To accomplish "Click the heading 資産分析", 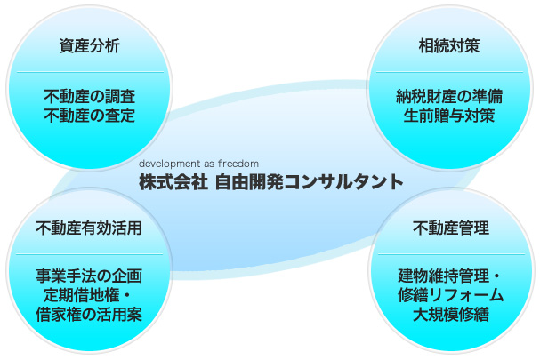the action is pos(90,45).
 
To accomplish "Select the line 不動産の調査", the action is pos(90,96).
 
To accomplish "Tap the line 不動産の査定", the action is pos(90,116).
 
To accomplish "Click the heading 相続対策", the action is pos(449,45).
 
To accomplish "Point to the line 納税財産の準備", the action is pos(449,96).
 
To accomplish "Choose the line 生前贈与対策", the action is pos(449,116).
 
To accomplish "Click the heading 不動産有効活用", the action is pos(89,228).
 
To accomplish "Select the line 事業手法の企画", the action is pos(89,276).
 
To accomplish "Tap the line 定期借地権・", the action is pos(89,295).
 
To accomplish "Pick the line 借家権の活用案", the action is pos(89,314).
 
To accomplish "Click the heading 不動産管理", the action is pos(451,228).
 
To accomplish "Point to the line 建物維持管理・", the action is pos(451,276).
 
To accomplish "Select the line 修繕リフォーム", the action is pos(451,295).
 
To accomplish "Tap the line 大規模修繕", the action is pos(451,314).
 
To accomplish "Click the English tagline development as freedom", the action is pos(198,164).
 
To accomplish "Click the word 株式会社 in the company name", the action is pos(173,182).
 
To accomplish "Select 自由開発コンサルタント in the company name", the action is pos(309,182).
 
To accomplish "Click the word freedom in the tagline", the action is pos(238,164).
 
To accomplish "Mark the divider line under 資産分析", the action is pos(90,72).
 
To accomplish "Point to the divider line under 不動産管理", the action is pos(451,254).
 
